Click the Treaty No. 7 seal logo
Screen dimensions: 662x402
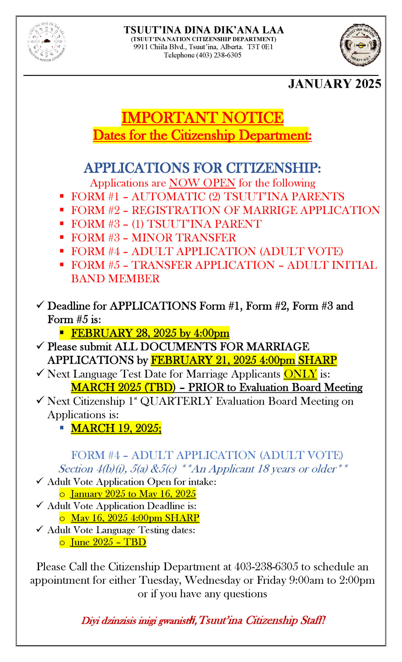click(360, 45)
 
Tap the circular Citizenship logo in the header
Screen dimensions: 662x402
click(47, 42)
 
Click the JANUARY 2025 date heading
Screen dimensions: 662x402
click(334, 84)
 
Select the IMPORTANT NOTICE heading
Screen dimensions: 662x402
click(202, 117)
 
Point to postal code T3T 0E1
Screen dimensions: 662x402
click(260, 47)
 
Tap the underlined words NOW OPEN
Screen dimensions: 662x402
click(202, 183)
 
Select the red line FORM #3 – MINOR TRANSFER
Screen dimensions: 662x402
click(153, 238)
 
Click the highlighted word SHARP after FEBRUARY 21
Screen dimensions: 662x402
click(317, 360)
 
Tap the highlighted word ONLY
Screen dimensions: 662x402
click(300, 374)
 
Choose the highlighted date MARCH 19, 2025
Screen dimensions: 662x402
click(116, 428)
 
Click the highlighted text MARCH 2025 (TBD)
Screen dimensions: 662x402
click(123, 387)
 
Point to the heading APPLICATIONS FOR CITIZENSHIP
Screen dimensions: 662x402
click(202, 168)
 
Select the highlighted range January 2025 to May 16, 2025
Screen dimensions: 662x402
click(133, 494)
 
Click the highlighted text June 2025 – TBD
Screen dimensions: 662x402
click(108, 542)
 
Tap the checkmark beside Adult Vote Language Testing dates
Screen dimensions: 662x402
click(40, 529)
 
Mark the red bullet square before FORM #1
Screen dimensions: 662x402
click(62, 196)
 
